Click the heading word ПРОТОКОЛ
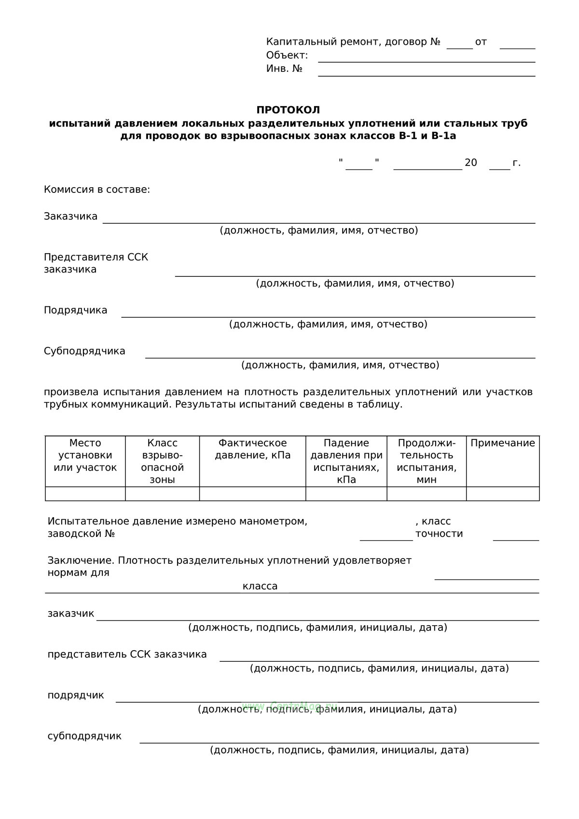(x=288, y=110)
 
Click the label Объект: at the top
(x=287, y=55)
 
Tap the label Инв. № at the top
(x=284, y=68)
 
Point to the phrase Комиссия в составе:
(x=97, y=190)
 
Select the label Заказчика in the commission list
(x=70, y=216)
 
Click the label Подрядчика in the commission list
(x=75, y=310)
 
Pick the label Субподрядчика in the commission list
(x=84, y=351)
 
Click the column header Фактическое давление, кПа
(x=252, y=449)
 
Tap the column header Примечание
(x=502, y=443)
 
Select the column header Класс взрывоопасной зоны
(x=162, y=461)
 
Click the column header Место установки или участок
(x=85, y=455)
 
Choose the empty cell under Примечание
(x=502, y=494)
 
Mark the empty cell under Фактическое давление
(x=252, y=494)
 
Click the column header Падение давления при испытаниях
(x=346, y=461)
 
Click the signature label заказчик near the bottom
(x=70, y=614)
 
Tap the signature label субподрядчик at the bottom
(x=84, y=736)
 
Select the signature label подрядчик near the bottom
(x=76, y=695)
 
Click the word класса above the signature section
(x=260, y=586)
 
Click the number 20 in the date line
(x=470, y=163)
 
